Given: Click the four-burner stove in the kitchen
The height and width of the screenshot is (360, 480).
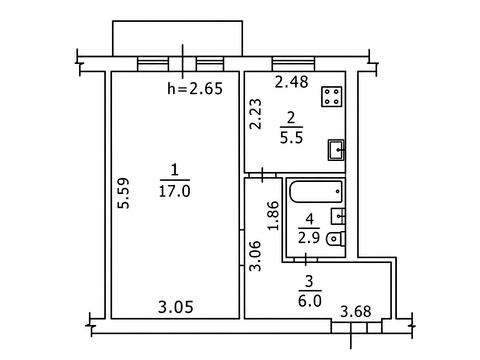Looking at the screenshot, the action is pyautogui.click(x=332, y=97).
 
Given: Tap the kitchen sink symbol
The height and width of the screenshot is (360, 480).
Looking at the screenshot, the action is pyautogui.click(x=336, y=150).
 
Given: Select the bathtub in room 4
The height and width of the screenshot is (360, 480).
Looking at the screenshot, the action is pyautogui.click(x=316, y=192).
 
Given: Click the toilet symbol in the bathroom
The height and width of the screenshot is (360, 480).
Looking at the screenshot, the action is pyautogui.click(x=336, y=239).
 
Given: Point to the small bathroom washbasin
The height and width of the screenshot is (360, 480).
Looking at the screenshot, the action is pyautogui.click(x=338, y=217).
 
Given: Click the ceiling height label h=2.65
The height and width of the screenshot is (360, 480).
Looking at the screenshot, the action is pyautogui.click(x=195, y=89).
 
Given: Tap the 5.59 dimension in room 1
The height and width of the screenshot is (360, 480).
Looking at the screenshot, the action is pyautogui.click(x=124, y=193).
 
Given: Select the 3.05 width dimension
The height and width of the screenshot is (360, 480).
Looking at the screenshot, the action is pyautogui.click(x=176, y=307).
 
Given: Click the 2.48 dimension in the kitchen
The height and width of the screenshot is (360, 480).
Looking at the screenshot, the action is pyautogui.click(x=292, y=82).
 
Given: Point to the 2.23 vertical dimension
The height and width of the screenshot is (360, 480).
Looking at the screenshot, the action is pyautogui.click(x=256, y=114).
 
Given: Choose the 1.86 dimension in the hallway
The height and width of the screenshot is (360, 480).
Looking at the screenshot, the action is pyautogui.click(x=273, y=215).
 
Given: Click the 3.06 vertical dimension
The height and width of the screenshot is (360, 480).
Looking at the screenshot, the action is pyautogui.click(x=256, y=256).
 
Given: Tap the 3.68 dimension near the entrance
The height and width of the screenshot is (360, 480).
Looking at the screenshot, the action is pyautogui.click(x=356, y=312).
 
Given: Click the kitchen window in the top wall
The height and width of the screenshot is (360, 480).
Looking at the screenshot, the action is pyautogui.click(x=293, y=64).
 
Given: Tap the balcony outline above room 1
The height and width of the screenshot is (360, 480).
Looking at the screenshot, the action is pyautogui.click(x=177, y=21).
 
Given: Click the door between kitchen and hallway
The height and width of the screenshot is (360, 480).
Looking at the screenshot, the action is pyautogui.click(x=263, y=175).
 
